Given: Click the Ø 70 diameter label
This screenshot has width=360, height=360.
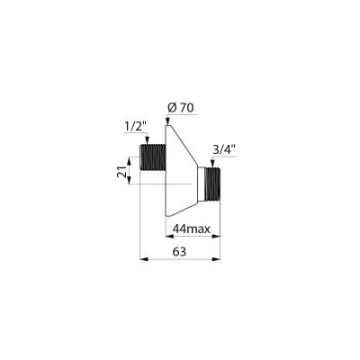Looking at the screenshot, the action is [181, 108].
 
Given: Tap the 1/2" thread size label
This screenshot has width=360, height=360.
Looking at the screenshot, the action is [135, 127].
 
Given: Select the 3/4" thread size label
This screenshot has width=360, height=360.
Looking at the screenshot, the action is [223, 150].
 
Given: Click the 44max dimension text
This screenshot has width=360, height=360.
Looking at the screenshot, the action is [191, 229].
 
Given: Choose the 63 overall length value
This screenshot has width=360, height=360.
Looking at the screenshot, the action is [179, 251].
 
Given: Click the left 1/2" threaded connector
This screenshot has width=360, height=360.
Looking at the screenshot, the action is [153, 157].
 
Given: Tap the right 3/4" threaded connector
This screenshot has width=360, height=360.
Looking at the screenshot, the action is [212, 184].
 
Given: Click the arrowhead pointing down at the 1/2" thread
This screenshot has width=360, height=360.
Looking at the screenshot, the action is [147, 140].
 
